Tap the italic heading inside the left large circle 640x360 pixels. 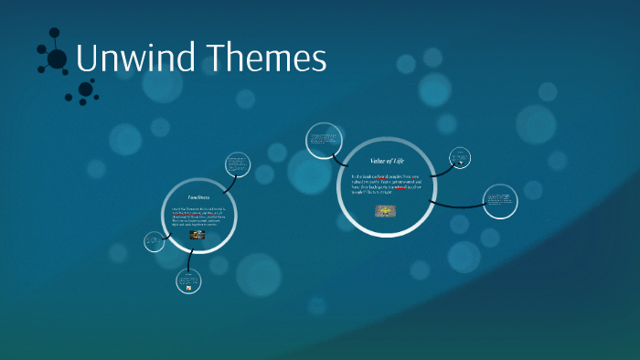198,197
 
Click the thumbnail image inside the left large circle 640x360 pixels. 197,235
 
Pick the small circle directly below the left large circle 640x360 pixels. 189,281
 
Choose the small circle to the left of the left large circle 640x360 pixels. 154,242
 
